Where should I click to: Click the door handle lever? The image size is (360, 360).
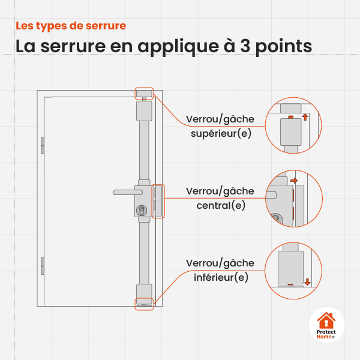[126, 192]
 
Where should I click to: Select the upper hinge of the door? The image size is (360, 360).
[42, 145]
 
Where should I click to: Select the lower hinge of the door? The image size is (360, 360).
[42, 265]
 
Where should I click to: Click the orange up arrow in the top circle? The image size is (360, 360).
[304, 117]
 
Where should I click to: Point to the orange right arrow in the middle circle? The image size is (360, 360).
[293, 180]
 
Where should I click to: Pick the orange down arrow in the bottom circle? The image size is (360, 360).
[307, 281]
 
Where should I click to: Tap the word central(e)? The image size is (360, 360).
[220, 205]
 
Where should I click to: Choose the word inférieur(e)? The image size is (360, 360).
[220, 277]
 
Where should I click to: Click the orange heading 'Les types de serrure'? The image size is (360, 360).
[71, 26]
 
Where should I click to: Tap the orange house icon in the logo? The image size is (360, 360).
[326, 320]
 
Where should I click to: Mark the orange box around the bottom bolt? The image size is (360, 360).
[145, 303]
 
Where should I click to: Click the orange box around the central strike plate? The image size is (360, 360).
[158, 200]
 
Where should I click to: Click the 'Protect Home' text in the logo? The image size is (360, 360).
[326, 335]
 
